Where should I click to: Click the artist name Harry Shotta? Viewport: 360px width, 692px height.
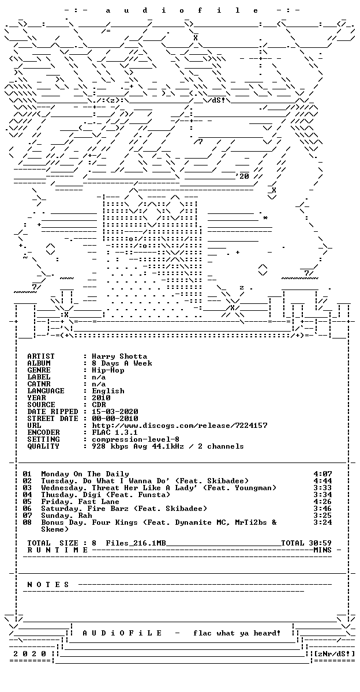119,356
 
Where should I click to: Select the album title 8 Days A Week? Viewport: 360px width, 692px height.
122,363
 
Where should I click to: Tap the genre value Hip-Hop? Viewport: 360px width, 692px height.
108,370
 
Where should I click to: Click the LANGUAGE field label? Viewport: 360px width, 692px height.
46,391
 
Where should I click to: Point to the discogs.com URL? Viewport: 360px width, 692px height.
179,426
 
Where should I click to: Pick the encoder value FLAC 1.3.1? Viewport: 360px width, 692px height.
115,432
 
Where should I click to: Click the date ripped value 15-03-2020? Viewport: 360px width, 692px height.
115,412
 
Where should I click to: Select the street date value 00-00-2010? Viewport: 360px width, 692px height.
115,419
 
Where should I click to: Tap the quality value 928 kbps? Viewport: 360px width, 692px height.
110,446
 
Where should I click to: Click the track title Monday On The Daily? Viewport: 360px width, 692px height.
85,474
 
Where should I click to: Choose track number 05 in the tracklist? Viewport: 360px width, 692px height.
27,502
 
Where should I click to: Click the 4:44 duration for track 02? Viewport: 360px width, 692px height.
322,481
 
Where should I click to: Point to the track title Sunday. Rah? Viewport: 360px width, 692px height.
66,516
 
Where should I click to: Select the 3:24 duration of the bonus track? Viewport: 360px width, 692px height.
322,522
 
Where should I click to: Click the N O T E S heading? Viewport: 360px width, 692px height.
48,585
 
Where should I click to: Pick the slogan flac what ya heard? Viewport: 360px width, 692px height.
237,633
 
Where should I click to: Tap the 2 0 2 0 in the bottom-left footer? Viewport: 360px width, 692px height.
29,654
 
